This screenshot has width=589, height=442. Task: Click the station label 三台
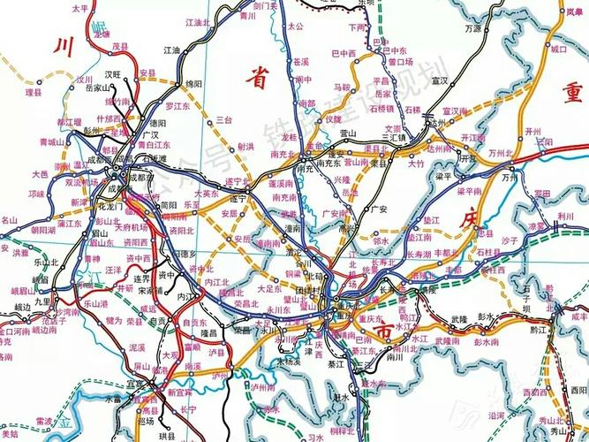tap(223, 118)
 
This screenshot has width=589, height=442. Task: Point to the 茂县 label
tap(121, 43)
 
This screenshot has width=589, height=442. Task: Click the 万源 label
tap(472, 28)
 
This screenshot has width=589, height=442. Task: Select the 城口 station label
tap(558, 50)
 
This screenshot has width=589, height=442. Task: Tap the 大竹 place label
tap(416, 164)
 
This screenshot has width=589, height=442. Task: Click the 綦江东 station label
tap(363, 351)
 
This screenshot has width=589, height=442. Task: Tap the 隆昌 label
tap(208, 334)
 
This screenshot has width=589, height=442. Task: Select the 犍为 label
tap(113, 324)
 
